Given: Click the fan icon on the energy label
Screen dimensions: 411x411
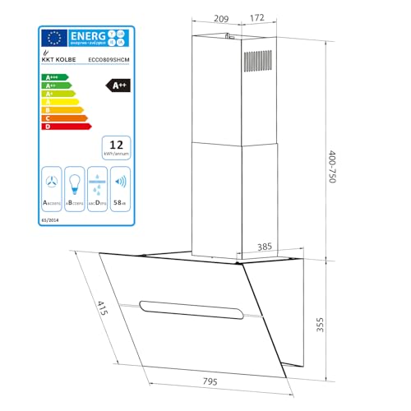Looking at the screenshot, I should point(53,182).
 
